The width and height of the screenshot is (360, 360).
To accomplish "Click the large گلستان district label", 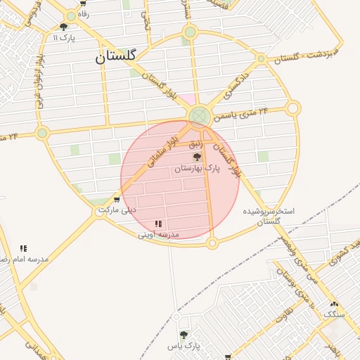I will (119, 58).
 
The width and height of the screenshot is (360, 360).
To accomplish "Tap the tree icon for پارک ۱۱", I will (64, 27).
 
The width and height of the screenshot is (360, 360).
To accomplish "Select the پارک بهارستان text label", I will (198, 169).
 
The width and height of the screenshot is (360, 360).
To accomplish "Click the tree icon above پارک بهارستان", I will (197, 157).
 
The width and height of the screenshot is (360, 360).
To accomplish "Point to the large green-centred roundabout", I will (200, 116).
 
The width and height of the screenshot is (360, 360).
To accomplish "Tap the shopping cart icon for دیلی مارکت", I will (116, 200).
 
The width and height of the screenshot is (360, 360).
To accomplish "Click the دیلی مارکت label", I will (117, 210).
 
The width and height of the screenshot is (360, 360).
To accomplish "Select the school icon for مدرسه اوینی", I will (158, 224).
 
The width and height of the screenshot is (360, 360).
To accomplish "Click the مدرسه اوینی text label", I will (158, 234).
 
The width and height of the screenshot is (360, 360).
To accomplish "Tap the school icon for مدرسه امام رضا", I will (23, 248).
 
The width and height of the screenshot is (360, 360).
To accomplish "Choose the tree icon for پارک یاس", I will (184, 335).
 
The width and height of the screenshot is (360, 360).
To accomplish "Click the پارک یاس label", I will (184, 346).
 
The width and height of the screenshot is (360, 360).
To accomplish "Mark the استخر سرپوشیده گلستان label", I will (269, 216).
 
